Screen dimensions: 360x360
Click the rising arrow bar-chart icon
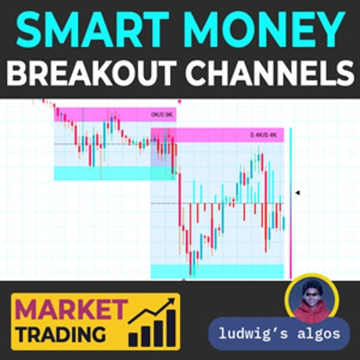(x=151, y=319)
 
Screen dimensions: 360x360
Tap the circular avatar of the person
(x=310, y=299)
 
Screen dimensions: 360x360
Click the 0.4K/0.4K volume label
(x=265, y=135)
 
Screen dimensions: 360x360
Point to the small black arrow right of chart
(x=298, y=192)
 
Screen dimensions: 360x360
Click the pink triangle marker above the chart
(x=180, y=102)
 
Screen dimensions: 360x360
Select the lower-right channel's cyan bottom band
(x=216, y=271)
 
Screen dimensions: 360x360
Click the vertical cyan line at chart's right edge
(x=291, y=202)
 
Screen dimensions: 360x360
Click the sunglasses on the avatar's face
(x=310, y=292)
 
